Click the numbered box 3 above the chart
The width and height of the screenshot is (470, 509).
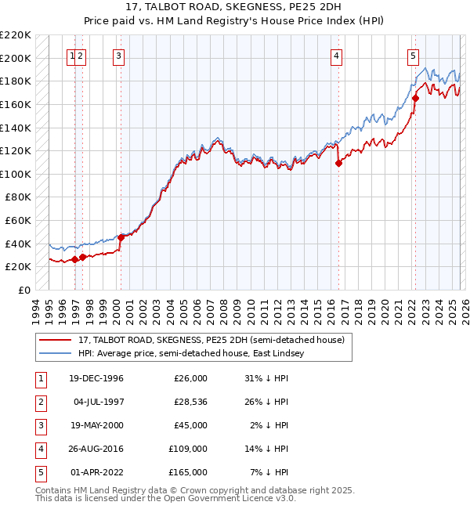pyautogui.click(x=118, y=56)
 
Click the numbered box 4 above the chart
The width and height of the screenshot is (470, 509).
pyautogui.click(x=336, y=56)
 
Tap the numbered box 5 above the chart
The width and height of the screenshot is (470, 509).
pyautogui.click(x=413, y=56)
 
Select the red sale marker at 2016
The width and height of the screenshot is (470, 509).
pyautogui.click(x=339, y=164)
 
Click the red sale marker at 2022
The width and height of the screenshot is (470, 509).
pyautogui.click(x=415, y=99)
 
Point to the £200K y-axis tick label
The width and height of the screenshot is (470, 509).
pyautogui.click(x=16, y=58)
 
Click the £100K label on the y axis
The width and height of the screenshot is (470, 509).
pyautogui.click(x=16, y=174)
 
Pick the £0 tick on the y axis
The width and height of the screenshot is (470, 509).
pyautogui.click(x=25, y=290)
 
